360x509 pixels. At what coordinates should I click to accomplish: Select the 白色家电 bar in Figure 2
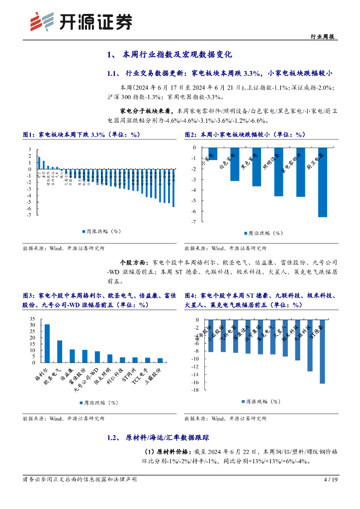point(235,164)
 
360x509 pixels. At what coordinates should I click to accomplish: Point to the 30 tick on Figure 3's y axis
point(32,325)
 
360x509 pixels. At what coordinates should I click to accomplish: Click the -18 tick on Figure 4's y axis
point(195,390)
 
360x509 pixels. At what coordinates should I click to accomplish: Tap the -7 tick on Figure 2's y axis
point(193,222)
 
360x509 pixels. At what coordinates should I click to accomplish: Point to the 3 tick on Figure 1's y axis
point(30,150)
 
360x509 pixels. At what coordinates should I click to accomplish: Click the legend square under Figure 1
point(83,231)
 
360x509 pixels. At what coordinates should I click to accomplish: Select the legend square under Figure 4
point(243,402)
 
